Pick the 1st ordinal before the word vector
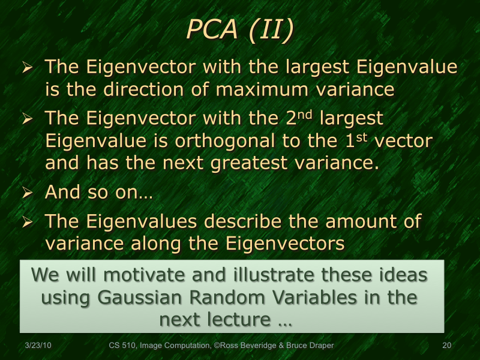click(350, 141)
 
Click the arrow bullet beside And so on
click(27, 194)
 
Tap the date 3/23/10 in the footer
click(38, 346)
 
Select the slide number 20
click(446, 346)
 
